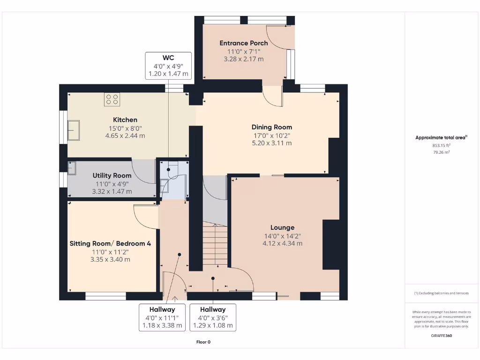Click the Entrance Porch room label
(x=244, y=43)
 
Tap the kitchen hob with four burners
(x=112, y=99)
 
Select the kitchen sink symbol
(x=74, y=130)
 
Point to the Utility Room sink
(x=72, y=168)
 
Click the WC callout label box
(x=168, y=66)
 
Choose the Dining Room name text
(x=271, y=127)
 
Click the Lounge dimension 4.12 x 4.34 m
(x=282, y=243)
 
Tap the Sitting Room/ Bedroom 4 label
(x=110, y=243)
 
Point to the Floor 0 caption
(x=203, y=342)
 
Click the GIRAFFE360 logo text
(x=442, y=336)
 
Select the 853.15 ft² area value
(x=441, y=145)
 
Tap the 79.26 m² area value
(x=441, y=152)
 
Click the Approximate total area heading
(x=441, y=137)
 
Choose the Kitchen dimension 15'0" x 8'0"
(x=125, y=128)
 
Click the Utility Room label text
(x=112, y=176)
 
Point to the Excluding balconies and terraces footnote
(x=441, y=293)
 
